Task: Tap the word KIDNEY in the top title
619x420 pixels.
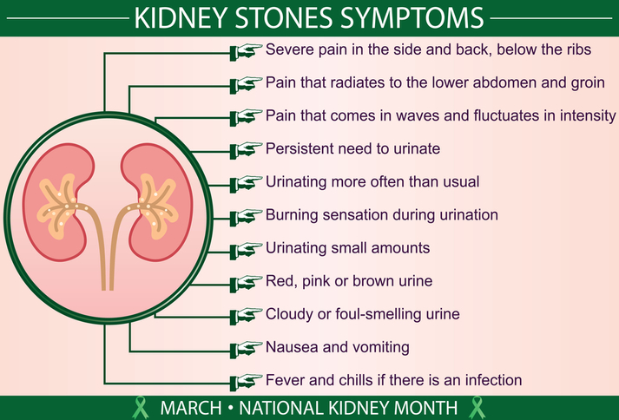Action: [184, 17]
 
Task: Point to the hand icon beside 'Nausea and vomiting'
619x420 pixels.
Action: [246, 348]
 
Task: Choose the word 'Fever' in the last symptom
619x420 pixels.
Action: [286, 380]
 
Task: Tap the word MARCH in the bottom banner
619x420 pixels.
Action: [189, 407]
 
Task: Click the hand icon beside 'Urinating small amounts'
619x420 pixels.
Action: [246, 248]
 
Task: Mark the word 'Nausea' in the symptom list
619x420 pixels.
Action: [291, 347]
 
